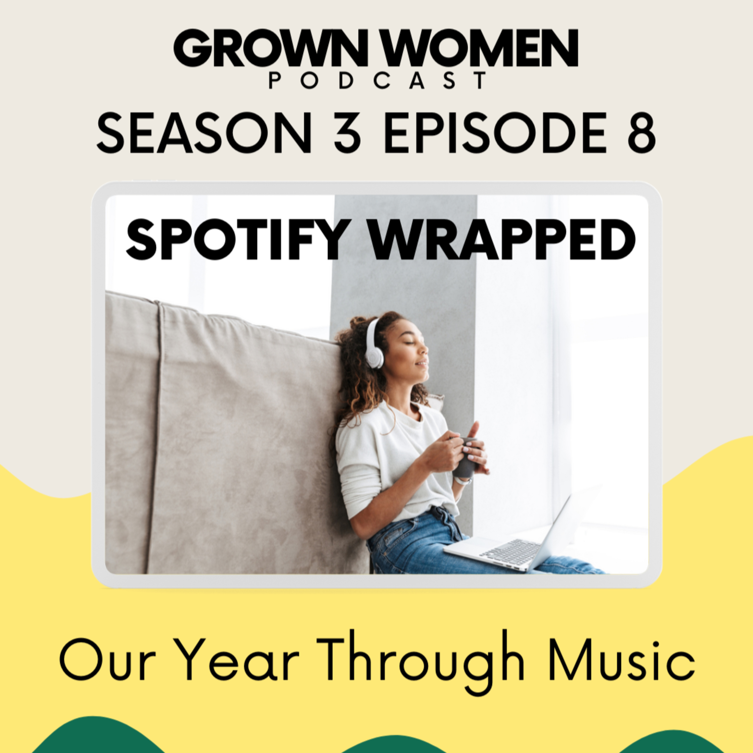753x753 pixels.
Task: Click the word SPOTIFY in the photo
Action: coord(236,239)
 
